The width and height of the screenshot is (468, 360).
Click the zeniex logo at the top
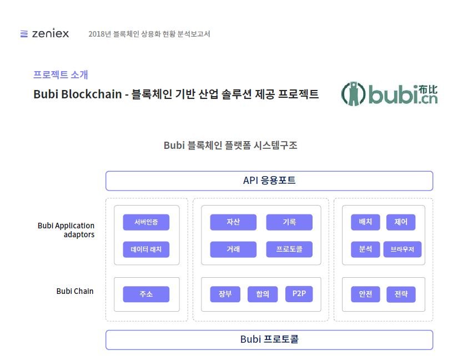pos(44,33)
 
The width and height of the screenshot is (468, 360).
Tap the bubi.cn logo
pos(390,94)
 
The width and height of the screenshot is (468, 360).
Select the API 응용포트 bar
pos(269,181)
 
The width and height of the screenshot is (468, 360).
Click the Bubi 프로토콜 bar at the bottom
pos(269,339)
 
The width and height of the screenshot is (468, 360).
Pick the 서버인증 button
pos(146,222)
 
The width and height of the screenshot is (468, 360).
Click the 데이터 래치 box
pos(146,249)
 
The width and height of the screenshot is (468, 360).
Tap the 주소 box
pos(146,294)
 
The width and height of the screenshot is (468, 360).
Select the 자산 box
pos(233,222)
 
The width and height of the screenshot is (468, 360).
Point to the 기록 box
pos(289,222)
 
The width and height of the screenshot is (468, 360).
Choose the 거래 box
pos(233,249)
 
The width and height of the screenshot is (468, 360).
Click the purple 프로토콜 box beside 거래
pos(289,249)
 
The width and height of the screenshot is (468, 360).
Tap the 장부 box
pos(225,294)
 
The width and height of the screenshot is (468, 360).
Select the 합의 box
pos(263,294)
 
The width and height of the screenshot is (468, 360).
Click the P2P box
pos(299,294)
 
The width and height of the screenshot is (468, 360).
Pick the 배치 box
pos(365,222)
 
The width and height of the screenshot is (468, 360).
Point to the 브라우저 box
pos(402,249)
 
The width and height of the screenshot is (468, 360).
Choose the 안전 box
pos(365,294)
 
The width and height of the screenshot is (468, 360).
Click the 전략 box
pos(401,294)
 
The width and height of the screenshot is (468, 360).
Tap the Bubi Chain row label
pos(75,291)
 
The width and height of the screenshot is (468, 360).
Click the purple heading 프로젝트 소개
pos(61,74)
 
